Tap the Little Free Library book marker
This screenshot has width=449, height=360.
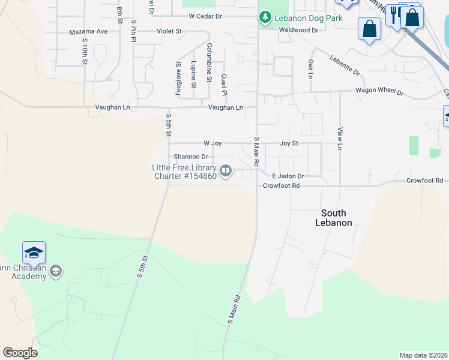tap(226, 172)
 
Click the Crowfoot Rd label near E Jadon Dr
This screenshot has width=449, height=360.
tap(281, 186)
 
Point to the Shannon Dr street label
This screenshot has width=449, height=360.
tap(190, 157)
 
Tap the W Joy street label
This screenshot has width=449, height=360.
tap(212, 143)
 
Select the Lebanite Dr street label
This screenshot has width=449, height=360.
tap(344, 65)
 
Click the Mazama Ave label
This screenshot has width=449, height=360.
tap(88, 31)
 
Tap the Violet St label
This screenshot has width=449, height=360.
tap(169, 31)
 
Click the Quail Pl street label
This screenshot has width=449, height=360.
tap(224, 85)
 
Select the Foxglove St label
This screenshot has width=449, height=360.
tap(178, 77)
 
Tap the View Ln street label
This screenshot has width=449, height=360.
tap(340, 139)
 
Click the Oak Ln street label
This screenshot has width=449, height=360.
tap(310, 69)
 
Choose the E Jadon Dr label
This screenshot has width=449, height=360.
tap(288, 176)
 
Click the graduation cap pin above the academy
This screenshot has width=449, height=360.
tap(34, 251)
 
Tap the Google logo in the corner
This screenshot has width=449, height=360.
tap(20, 353)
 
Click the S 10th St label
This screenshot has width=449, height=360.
tap(85, 52)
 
